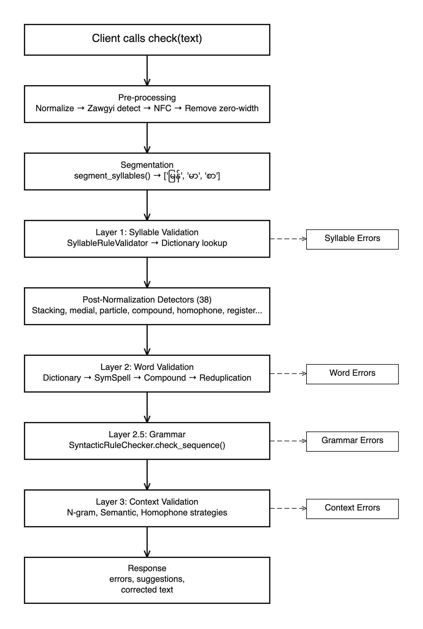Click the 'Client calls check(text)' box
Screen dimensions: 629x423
147,40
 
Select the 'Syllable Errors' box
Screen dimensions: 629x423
352,239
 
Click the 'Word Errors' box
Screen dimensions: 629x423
352,374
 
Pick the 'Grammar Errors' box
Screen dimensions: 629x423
352,441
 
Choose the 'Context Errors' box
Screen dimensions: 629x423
352,509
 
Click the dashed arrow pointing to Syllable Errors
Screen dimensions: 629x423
288,239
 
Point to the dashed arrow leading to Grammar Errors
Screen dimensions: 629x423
288,441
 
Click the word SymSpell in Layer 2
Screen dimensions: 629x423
112,378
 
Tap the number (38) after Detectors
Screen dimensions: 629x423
204,300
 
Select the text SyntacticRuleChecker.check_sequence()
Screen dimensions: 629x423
147,445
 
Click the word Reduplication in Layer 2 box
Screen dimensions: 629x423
225,378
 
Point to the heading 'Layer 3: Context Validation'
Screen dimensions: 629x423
147,502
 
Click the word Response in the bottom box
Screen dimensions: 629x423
147,568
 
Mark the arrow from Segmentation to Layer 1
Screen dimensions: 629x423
147,205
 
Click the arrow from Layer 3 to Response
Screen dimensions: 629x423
147,542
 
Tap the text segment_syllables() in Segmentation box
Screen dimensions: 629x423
112,176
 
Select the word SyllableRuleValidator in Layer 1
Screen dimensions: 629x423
107,243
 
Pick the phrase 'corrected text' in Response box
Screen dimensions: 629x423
147,590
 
